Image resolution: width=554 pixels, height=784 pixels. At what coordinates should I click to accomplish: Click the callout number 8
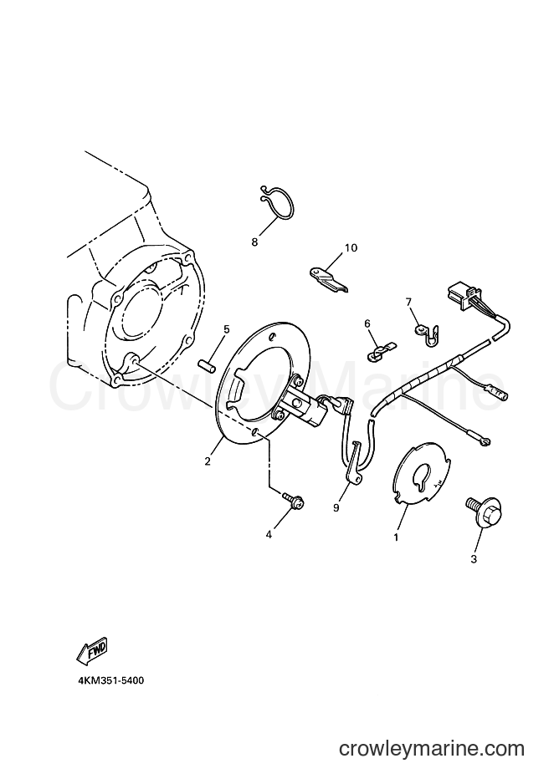pyautogui.click(x=254, y=242)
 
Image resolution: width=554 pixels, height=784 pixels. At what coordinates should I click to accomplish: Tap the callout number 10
pyautogui.click(x=351, y=247)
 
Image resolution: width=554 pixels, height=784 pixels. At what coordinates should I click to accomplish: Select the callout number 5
pyautogui.click(x=226, y=329)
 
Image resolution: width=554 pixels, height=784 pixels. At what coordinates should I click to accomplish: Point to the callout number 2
pyautogui.click(x=208, y=461)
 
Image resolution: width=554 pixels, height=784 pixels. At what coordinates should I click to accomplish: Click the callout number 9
pyautogui.click(x=336, y=507)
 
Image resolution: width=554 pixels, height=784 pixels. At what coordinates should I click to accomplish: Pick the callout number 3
pyautogui.click(x=474, y=559)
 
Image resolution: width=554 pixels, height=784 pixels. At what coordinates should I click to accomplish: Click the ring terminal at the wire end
pyautogui.click(x=483, y=440)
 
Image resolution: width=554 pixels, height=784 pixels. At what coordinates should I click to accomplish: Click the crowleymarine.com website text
pyautogui.click(x=431, y=749)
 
